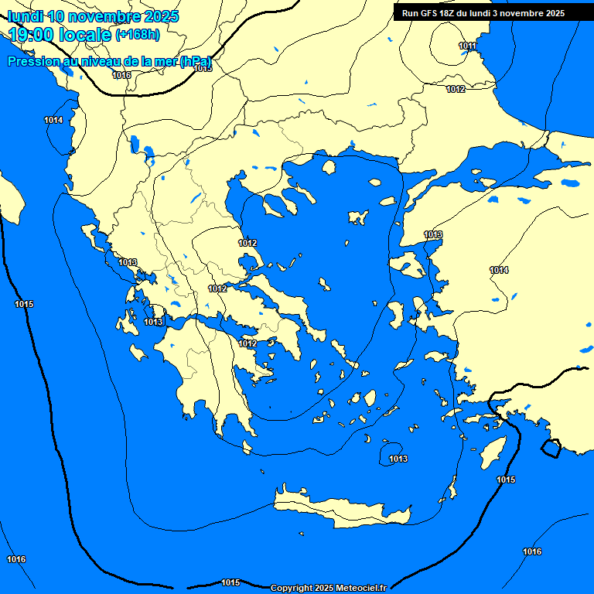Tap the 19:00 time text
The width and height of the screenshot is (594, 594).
pyautogui.click(x=31, y=34)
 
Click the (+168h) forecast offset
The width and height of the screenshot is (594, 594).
pyautogui.click(x=138, y=34)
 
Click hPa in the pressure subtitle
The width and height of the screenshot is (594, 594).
pyautogui.click(x=196, y=61)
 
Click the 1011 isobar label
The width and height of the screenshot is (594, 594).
pyautogui.click(x=467, y=46)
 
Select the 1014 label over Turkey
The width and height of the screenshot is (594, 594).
pyautogui.click(x=499, y=270)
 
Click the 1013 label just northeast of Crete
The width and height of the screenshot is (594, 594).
pyautogui.click(x=398, y=459)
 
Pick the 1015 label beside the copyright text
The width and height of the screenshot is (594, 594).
pyautogui.click(x=230, y=582)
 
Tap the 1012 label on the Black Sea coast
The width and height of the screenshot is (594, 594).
pyautogui.click(x=456, y=89)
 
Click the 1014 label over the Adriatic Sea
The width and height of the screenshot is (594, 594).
pyautogui.click(x=53, y=120)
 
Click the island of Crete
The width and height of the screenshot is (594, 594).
pyautogui.click(x=340, y=507)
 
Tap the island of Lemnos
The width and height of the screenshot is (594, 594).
pyautogui.click(x=357, y=217)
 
